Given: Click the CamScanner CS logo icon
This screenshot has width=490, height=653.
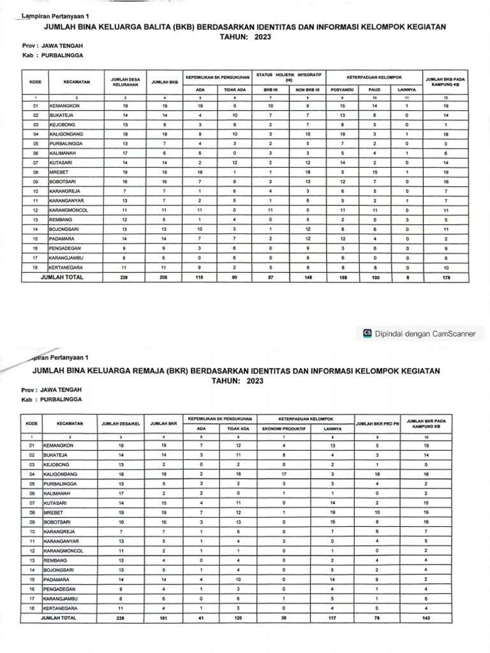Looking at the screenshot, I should click(x=367, y=333).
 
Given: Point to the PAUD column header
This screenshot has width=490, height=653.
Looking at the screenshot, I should click(x=375, y=90).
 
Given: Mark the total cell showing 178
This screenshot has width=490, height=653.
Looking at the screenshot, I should click(x=446, y=278).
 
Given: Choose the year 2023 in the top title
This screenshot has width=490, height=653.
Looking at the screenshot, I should click(x=263, y=38).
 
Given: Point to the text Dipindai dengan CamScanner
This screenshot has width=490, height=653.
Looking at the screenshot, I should click(x=429, y=333).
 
